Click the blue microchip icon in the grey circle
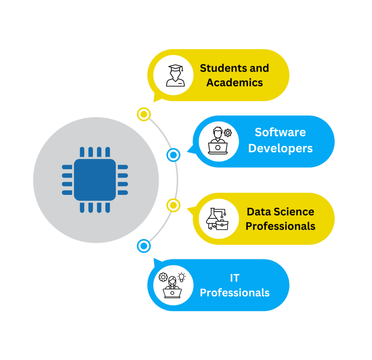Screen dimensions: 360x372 95,180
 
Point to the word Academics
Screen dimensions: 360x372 235,82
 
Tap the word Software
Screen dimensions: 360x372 280,132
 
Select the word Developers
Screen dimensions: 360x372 280,148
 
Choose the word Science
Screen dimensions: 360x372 294,212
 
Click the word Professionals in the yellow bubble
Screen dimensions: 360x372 280,226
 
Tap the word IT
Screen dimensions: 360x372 235,278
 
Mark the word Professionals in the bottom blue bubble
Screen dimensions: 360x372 235,292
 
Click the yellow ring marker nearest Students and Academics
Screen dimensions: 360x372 144,114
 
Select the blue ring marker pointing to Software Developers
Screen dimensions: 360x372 173,155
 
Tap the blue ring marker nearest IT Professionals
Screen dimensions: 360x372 144,246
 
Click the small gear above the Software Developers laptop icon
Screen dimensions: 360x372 228,133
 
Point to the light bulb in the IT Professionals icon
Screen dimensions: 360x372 181,277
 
